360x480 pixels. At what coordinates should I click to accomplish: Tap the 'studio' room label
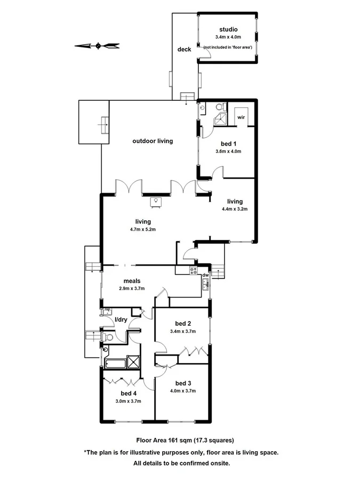(x=228, y=29)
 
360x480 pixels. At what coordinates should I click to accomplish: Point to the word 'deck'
(x=184, y=50)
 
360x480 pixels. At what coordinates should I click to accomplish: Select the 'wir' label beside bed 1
(x=241, y=116)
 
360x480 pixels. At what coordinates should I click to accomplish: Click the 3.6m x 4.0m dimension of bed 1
(x=228, y=151)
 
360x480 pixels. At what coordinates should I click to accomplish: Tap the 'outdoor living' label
(x=153, y=141)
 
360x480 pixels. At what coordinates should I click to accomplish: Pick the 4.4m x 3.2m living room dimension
(x=235, y=210)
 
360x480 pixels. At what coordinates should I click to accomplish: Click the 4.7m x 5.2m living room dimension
(x=142, y=229)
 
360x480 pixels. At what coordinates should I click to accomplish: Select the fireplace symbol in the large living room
(x=156, y=202)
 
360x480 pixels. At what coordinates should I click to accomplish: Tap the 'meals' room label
(x=132, y=281)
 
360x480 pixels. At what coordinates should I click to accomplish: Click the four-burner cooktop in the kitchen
(x=194, y=270)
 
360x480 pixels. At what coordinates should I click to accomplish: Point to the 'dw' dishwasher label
(x=205, y=276)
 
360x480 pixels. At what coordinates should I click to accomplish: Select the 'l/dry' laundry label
(x=121, y=320)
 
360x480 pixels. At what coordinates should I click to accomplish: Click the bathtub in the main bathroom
(x=115, y=364)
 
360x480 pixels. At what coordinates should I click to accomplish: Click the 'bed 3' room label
(x=183, y=383)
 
